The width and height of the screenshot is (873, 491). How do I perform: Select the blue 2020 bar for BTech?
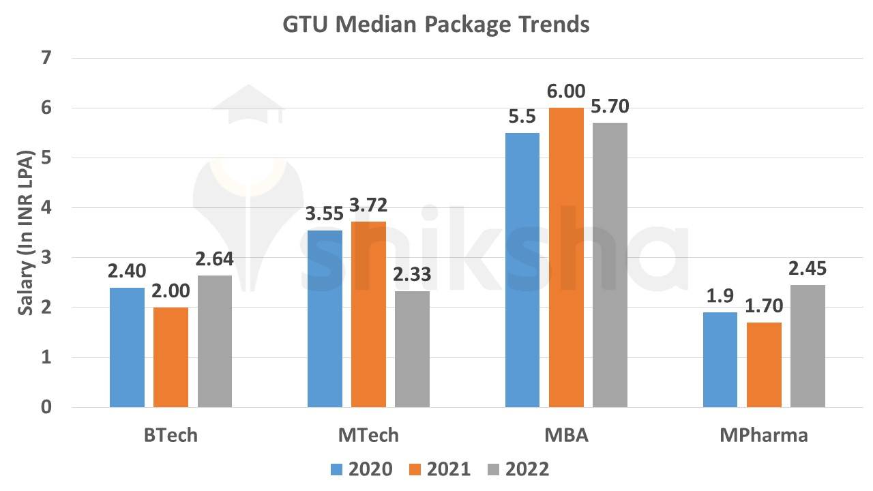click(x=127, y=347)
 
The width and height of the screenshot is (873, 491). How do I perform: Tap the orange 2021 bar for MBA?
click(x=567, y=258)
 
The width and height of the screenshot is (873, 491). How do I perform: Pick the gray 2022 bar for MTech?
click(x=412, y=349)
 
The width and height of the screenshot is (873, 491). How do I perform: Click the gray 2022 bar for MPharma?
click(x=808, y=346)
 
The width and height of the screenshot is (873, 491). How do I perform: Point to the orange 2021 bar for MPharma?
click(x=764, y=365)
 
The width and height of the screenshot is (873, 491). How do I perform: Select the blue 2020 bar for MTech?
click(x=325, y=318)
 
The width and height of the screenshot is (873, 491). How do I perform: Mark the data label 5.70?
click(x=610, y=108)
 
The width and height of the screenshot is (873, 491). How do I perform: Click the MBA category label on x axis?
click(x=567, y=435)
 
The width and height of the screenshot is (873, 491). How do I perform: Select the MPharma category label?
click(x=764, y=435)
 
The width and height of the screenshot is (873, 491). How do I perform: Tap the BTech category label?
click(x=171, y=435)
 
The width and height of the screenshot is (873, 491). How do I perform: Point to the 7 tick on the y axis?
click(x=46, y=58)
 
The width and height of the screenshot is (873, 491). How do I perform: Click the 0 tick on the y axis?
click(x=46, y=407)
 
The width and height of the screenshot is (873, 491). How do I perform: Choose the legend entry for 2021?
click(x=440, y=469)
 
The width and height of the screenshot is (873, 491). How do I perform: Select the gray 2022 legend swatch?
click(x=494, y=469)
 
